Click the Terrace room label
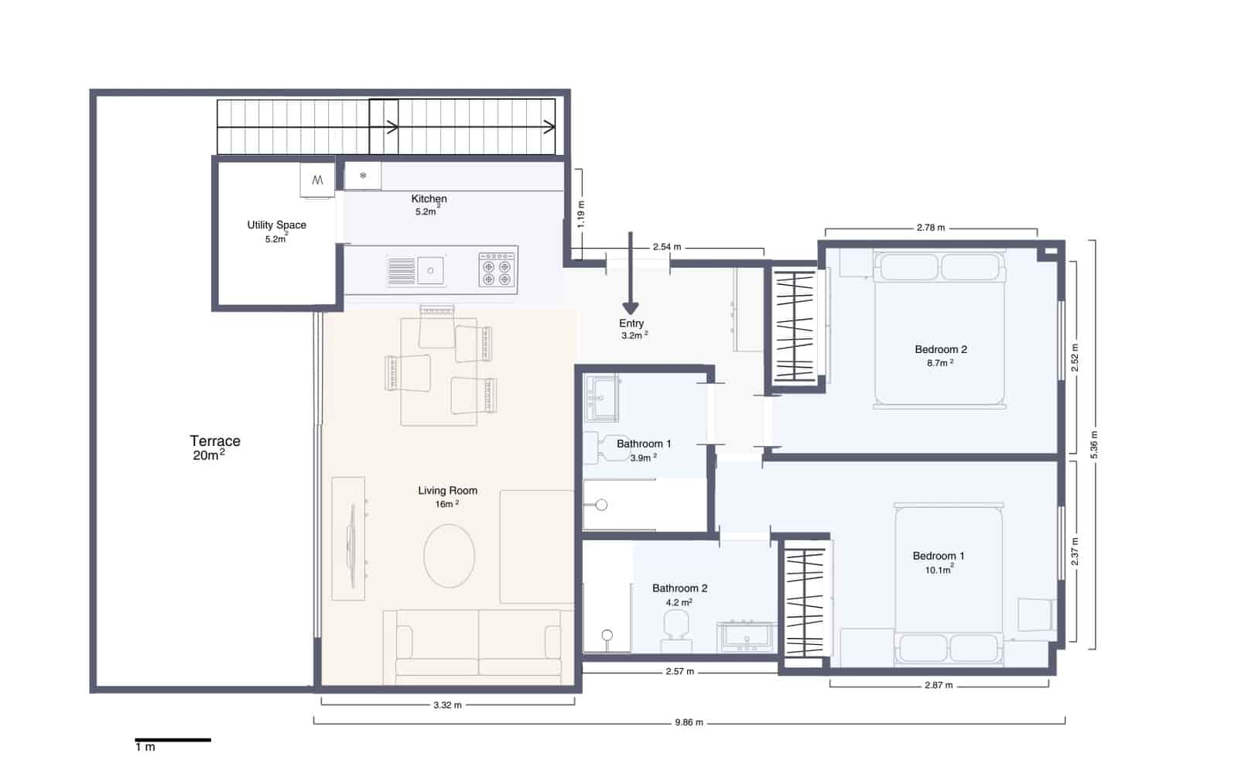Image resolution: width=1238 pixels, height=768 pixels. [x=215, y=441]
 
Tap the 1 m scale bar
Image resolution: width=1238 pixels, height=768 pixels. [x=173, y=740]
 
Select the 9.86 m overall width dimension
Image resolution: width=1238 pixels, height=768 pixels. [x=688, y=722]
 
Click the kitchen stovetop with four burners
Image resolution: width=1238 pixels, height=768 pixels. [x=497, y=269]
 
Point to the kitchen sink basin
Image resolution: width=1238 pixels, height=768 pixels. [x=431, y=270]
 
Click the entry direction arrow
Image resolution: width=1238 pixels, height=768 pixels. [x=631, y=275]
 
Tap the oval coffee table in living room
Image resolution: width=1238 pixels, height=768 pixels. [x=450, y=556]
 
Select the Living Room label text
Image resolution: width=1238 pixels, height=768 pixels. [x=447, y=490]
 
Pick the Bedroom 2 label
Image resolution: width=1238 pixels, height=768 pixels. [x=940, y=349]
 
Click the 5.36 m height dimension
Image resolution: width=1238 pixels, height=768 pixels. [x=1094, y=445]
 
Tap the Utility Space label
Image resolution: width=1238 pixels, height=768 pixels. [x=276, y=225]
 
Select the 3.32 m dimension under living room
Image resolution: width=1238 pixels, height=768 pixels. [x=447, y=705]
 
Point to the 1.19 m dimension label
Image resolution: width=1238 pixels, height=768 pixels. [x=581, y=213]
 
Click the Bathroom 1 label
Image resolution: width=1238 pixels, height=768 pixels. [x=644, y=444]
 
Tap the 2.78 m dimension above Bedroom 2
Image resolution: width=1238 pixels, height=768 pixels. [x=930, y=228]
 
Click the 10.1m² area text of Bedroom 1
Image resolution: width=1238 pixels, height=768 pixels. [x=939, y=570]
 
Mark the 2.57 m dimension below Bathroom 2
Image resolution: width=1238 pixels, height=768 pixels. [x=679, y=671]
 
